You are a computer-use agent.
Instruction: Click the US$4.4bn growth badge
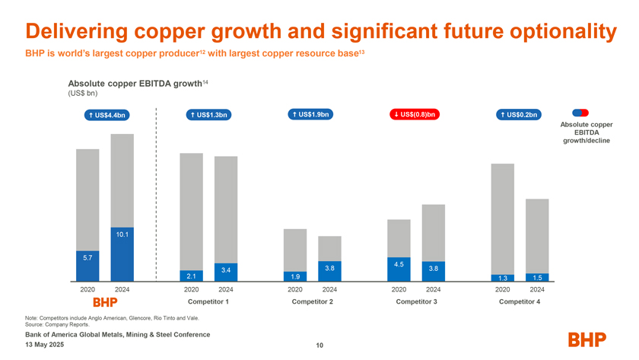coord(105,115)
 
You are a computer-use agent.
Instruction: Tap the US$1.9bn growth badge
coord(310,115)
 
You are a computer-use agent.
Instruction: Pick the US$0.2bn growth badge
coord(518,115)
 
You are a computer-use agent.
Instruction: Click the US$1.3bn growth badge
coord(208,115)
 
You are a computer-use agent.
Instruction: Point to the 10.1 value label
coord(122,234)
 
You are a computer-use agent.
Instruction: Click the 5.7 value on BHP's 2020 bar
coord(87,257)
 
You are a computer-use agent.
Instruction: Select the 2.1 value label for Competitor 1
coord(191,276)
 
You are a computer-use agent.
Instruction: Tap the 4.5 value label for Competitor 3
coord(399,263)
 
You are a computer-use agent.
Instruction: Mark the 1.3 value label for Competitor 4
coord(502,278)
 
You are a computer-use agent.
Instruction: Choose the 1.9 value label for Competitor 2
coord(295,276)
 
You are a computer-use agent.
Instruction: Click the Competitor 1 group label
coord(208,302)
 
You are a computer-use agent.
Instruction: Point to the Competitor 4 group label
coord(520,302)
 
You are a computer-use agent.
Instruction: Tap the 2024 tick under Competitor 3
coord(433,289)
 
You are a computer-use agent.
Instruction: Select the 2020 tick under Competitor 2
coord(295,289)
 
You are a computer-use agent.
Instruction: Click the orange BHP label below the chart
coord(104,302)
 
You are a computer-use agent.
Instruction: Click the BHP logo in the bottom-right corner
coord(590,339)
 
